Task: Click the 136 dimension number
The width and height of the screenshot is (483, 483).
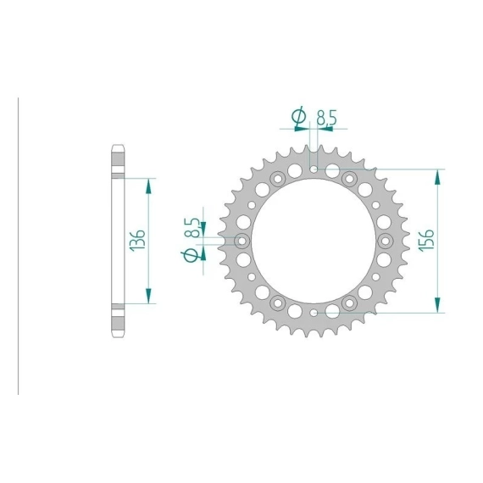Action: (137, 241)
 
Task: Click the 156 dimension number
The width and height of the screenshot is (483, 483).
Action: (427, 241)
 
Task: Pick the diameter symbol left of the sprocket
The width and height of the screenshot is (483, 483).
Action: (191, 255)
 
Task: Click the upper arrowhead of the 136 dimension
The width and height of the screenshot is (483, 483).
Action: (148, 186)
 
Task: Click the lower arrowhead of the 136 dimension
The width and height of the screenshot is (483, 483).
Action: (148, 296)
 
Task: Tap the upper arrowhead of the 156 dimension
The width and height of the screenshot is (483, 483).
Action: (437, 177)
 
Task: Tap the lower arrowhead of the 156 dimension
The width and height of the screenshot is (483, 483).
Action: (437, 305)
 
